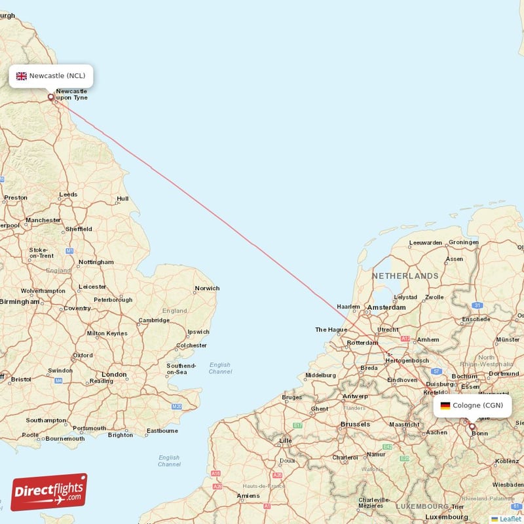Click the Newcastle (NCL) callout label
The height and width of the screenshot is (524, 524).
pos(51,76)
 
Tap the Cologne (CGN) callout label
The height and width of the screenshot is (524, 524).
pos(472,405)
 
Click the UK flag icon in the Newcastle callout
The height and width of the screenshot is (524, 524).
pos(22,76)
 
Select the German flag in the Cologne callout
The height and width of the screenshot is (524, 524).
pos(445,405)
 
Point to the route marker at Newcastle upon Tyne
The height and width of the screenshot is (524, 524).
pos(51,98)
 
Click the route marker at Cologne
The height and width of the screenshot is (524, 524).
pos(472,426)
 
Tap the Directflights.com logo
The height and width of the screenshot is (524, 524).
pos(48,492)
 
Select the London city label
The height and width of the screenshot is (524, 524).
pos(114,375)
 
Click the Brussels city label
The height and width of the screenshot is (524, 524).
pos(356,424)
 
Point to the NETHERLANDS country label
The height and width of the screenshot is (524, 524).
pos(405,276)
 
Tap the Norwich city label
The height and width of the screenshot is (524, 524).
pos(206,288)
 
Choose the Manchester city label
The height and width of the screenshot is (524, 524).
pos(43,220)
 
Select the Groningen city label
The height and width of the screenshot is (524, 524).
pos(463,242)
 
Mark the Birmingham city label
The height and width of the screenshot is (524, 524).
pos(20,302)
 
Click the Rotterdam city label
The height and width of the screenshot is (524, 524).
pos(362,343)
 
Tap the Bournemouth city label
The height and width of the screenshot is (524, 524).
pos(65,438)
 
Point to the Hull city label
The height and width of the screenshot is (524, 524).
pos(122,198)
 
